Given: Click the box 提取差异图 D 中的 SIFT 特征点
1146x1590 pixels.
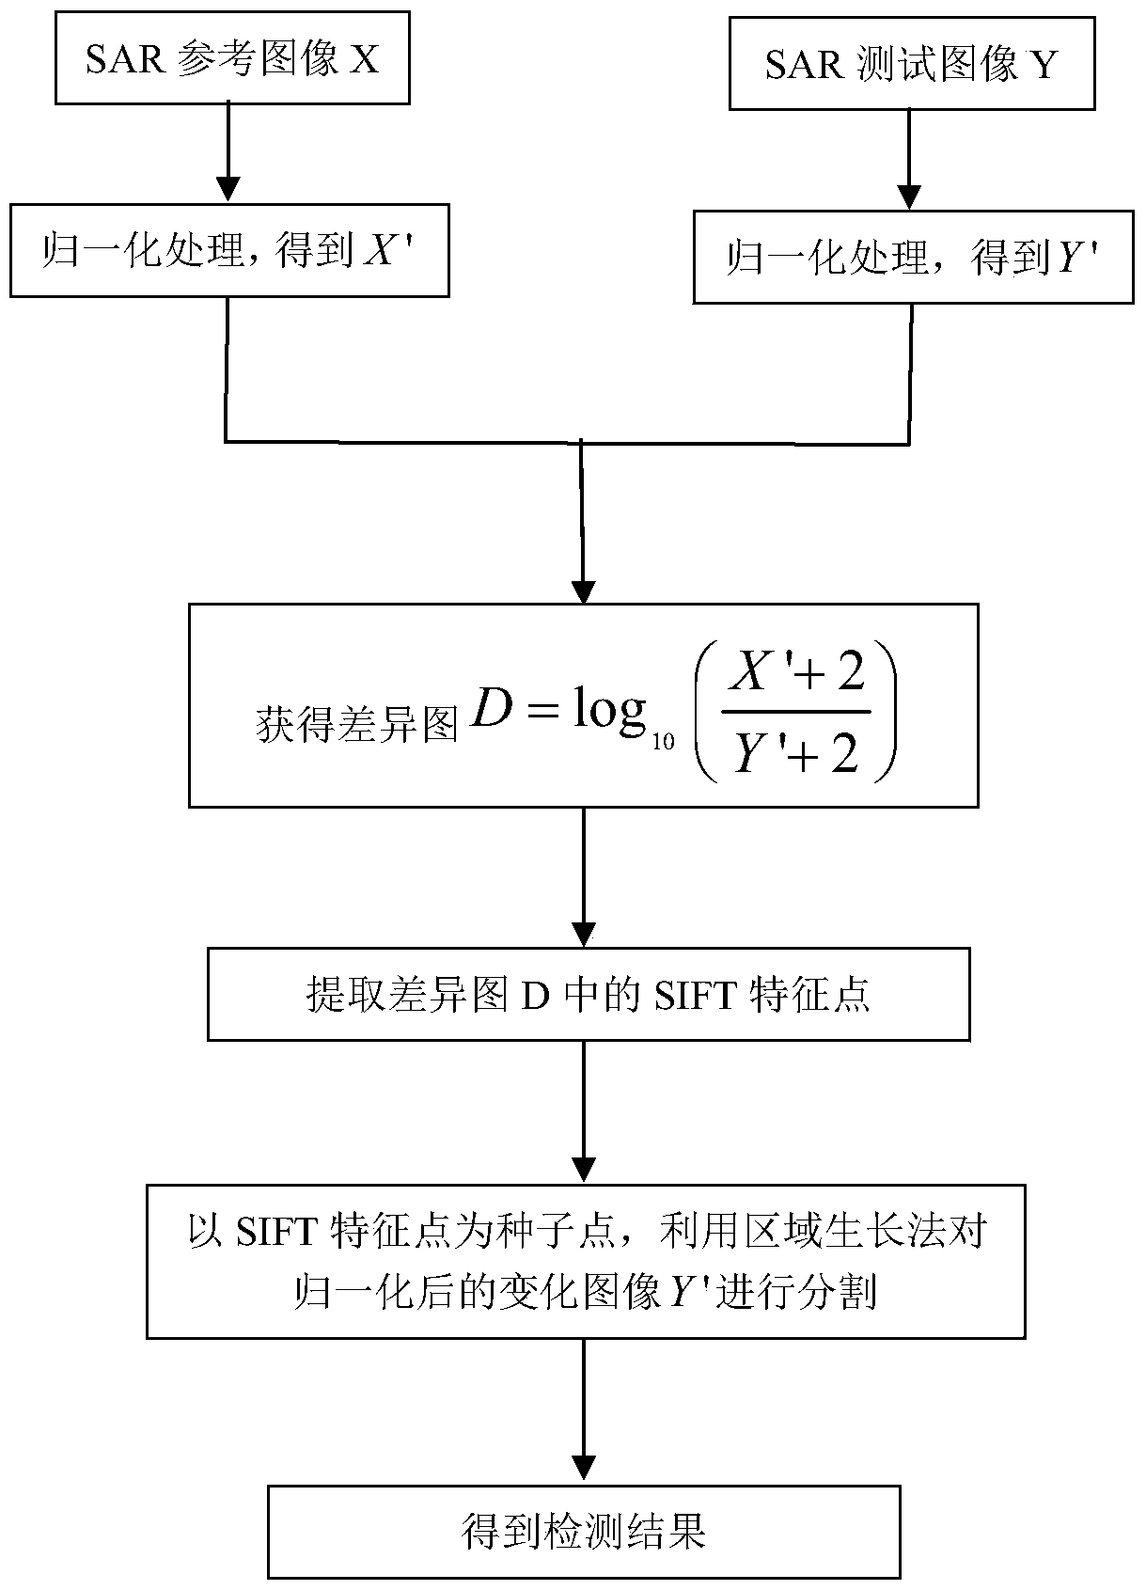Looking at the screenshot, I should [x=588, y=994].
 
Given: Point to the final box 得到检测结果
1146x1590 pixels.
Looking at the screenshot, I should [x=583, y=1532].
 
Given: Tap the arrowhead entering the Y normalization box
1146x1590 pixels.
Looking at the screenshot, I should [x=908, y=196].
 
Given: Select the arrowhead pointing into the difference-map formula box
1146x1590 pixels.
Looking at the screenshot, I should [x=584, y=592].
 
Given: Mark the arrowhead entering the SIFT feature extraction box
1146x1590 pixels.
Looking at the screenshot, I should [x=584, y=935].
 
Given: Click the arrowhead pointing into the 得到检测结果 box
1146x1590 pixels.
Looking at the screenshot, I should [x=584, y=1472].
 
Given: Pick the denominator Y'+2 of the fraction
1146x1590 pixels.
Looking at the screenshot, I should [x=795, y=753].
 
